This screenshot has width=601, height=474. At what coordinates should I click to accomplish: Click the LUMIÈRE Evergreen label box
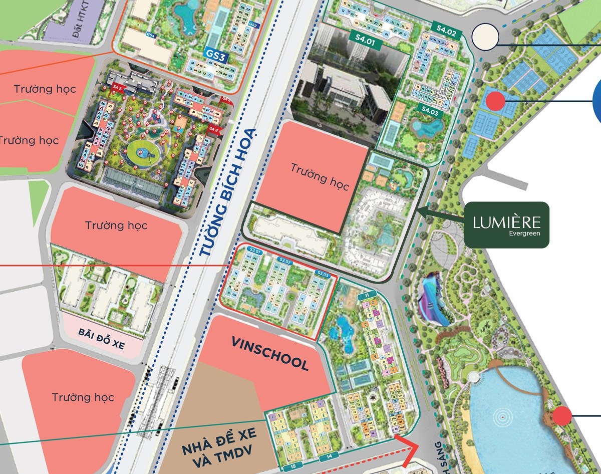click(506, 224)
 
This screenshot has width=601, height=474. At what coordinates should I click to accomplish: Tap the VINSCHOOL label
click(270, 353)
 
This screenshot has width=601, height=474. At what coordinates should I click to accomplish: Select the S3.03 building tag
click(323, 274)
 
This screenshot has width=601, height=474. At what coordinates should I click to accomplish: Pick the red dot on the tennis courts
click(495, 101)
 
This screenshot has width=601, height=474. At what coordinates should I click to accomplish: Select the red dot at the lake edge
click(562, 415)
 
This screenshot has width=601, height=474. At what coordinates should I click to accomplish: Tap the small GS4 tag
click(151, 35)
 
